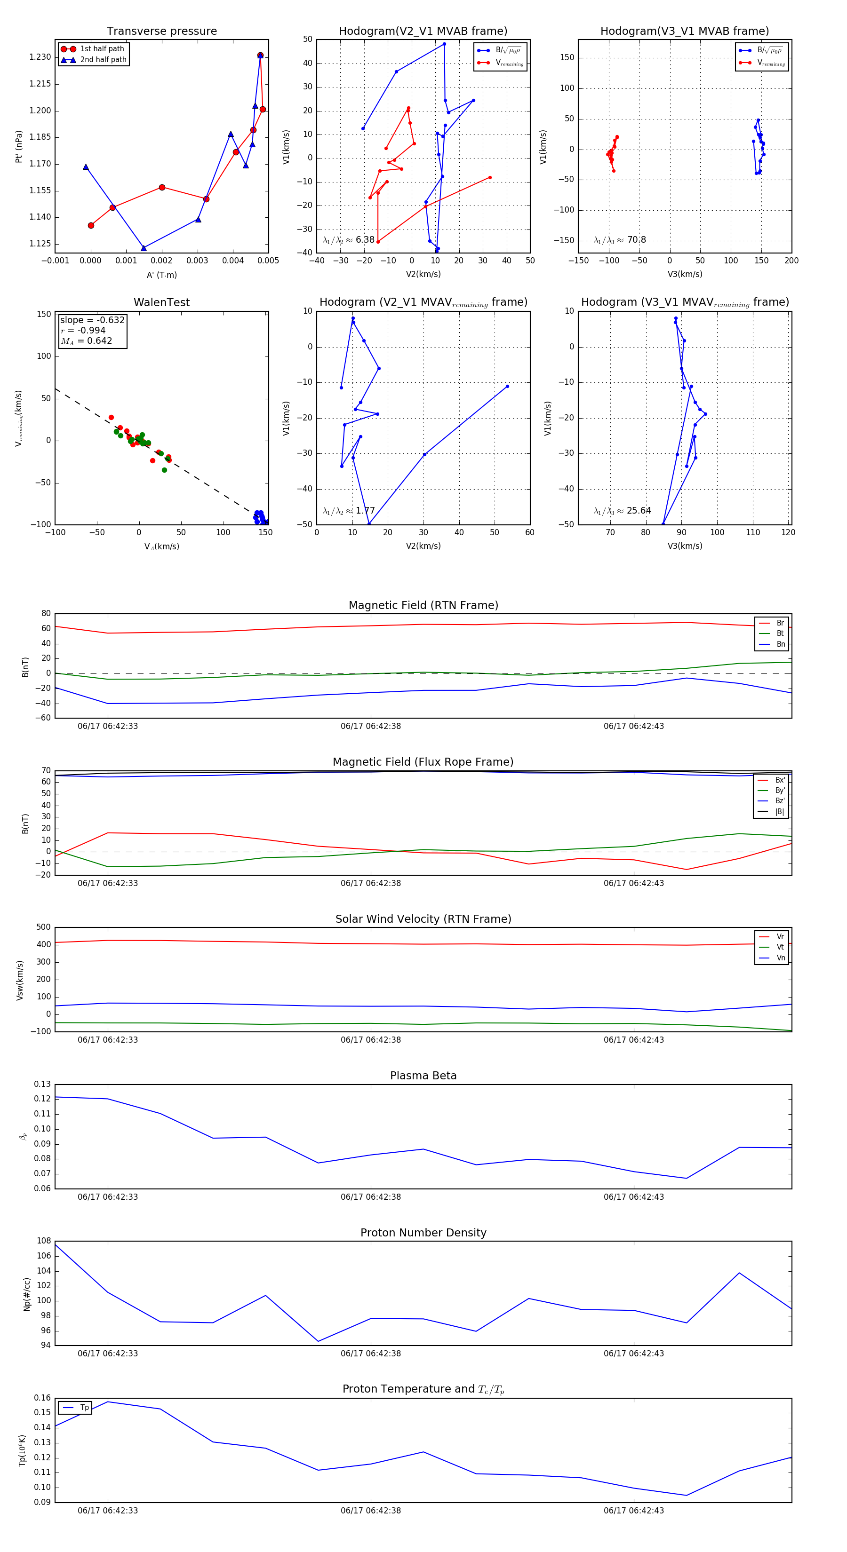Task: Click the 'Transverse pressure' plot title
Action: pos(161,32)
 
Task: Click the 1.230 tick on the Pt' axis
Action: pos(40,57)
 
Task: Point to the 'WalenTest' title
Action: pos(161,302)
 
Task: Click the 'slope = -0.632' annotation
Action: pos(92,320)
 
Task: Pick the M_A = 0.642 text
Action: pos(86,341)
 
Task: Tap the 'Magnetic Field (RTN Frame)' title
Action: pos(423,605)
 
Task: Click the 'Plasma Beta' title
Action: pos(423,1076)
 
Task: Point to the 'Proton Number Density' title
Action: pos(423,1233)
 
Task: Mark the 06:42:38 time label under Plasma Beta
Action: pos(371,1196)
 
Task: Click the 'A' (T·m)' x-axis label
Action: pos(161,275)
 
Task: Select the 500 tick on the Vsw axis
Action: pos(43,927)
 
